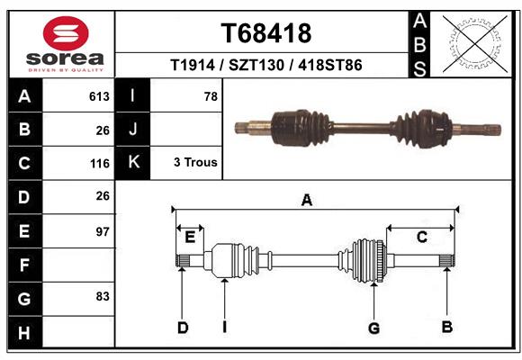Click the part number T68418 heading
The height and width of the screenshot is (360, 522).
[x=266, y=33]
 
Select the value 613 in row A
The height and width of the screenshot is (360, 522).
[x=99, y=96]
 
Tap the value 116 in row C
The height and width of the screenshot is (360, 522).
[x=99, y=164]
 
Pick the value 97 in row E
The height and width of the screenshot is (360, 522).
[x=102, y=231]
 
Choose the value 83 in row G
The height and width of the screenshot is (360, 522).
[x=102, y=296]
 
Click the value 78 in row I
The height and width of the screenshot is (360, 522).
[x=211, y=96]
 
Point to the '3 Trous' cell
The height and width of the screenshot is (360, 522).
[x=194, y=163]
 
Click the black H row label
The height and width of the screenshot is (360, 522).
[x=23, y=333]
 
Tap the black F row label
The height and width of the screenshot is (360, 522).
[x=23, y=265]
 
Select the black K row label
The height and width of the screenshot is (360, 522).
[x=134, y=163]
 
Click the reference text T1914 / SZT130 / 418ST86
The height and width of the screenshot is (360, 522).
[x=266, y=66]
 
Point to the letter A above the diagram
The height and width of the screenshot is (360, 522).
[x=306, y=201]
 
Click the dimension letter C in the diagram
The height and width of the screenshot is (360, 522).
[x=420, y=237]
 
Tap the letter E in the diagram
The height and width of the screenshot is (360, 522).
[x=190, y=238]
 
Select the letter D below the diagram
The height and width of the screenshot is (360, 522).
[x=183, y=328]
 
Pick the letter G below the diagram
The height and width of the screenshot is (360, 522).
[x=373, y=328]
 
